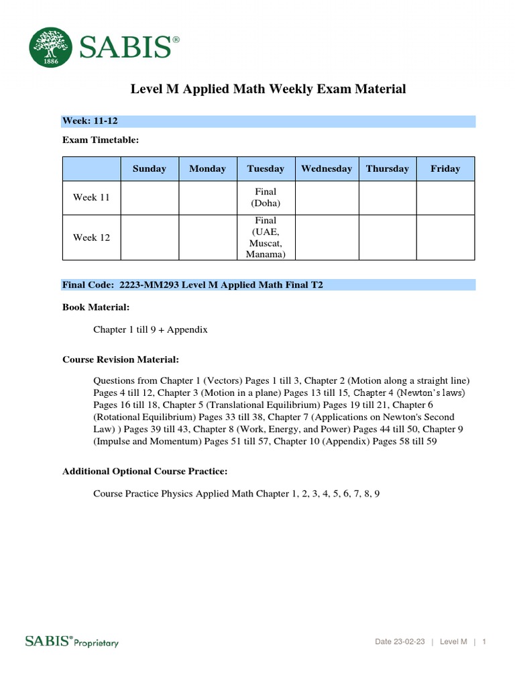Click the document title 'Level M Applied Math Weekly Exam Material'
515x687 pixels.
268,89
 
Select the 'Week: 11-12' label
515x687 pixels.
91,121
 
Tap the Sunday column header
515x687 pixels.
150,168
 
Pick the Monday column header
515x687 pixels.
208,168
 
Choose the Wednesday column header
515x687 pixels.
327,168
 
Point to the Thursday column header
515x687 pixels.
388,168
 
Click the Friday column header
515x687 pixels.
445,168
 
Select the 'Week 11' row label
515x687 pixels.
91,197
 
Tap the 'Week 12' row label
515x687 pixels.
91,237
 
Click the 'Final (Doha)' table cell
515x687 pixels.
266,197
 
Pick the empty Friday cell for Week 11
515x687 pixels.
445,197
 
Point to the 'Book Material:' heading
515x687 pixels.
96,307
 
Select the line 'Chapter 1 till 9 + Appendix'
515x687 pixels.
151,329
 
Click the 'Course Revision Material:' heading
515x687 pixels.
121,360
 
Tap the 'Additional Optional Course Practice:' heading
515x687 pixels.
145,472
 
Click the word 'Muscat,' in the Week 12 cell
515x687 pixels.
266,243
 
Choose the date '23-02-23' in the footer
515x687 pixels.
410,642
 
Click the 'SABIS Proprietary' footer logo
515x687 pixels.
72,641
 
